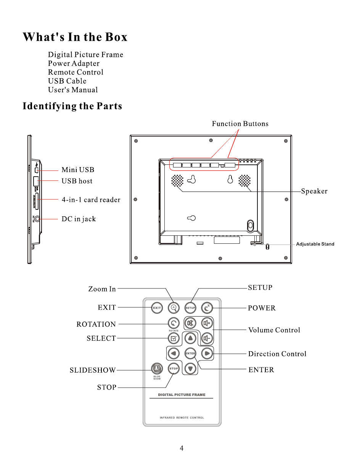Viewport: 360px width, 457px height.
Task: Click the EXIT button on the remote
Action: [157, 308]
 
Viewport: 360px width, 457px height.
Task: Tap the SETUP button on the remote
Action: [190, 308]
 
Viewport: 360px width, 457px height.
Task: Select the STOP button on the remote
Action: [174, 368]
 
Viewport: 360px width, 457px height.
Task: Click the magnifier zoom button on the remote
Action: [174, 307]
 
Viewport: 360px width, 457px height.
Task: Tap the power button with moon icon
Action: [207, 308]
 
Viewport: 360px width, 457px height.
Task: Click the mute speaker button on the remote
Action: [190, 323]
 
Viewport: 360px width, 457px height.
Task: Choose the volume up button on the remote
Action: [207, 323]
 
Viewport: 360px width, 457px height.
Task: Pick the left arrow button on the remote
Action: [174, 354]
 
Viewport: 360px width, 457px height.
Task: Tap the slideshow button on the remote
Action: [156, 368]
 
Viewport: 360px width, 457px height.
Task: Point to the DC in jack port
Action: [37, 219]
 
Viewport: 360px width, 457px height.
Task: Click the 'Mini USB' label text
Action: [78, 170]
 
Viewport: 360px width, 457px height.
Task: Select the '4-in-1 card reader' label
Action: [91, 200]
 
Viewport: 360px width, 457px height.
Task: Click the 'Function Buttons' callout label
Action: [240, 124]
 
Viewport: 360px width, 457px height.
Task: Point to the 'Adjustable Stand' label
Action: [315, 244]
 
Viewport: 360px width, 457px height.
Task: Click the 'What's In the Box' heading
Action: [75, 37]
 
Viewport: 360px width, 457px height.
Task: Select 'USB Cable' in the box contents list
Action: [67, 81]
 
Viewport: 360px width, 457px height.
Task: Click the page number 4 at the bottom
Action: [182, 448]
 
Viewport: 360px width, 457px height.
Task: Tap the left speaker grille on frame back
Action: [177, 181]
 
